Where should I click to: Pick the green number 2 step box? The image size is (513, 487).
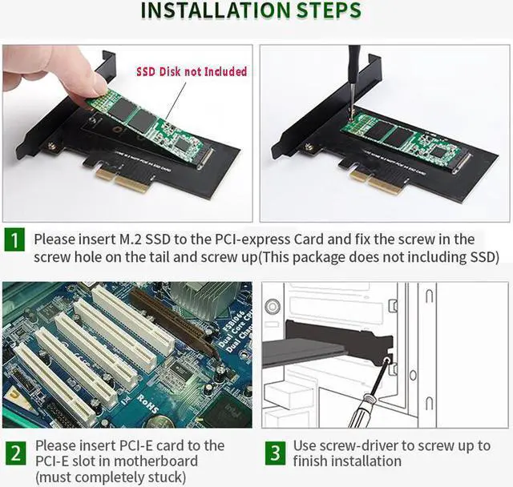(15, 453)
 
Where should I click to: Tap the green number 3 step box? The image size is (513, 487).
(275, 453)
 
